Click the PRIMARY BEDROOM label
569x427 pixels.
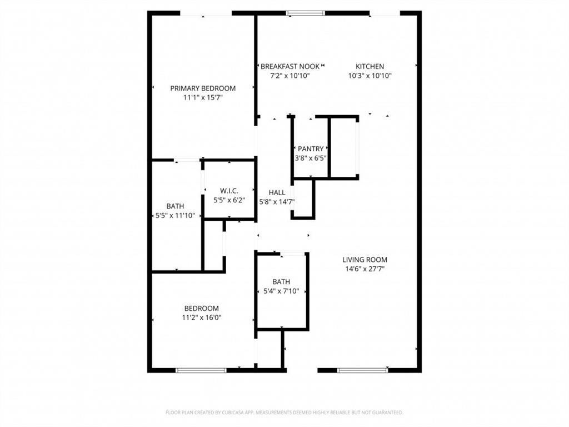[203, 88]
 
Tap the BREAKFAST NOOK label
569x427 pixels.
[290, 66]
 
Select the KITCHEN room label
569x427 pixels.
[370, 66]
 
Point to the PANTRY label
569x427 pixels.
[311, 148]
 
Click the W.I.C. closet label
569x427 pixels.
[228, 191]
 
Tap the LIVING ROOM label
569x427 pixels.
[365, 260]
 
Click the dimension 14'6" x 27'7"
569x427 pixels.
[365, 269]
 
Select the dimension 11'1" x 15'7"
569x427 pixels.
[203, 97]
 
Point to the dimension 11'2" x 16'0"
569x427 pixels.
[202, 317]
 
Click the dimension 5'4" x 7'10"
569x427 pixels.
[281, 291]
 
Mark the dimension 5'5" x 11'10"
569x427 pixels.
[175, 216]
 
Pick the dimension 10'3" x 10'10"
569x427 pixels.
[370, 76]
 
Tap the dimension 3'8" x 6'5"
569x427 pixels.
[311, 158]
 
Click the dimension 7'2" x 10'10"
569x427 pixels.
[290, 76]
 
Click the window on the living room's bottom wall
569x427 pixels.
[362, 370]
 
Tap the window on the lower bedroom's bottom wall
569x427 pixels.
[201, 370]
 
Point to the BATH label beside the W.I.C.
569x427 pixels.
[175, 206]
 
